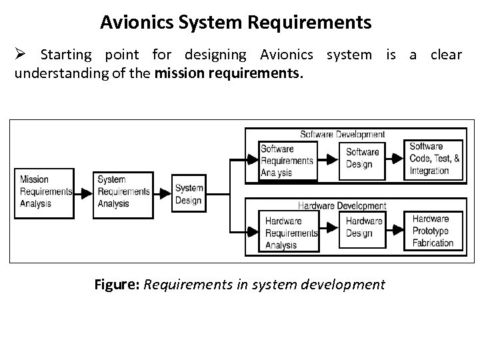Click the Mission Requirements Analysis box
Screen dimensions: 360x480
pos(44,192)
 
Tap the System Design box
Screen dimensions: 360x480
pos(189,194)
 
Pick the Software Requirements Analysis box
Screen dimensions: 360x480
pos(287,161)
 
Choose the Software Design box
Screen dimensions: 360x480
pos(363,159)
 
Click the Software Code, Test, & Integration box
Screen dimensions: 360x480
pos(435,159)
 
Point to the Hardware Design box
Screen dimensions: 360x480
pos(363,227)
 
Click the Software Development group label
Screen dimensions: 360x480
pos(343,135)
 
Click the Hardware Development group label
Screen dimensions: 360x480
pos(342,206)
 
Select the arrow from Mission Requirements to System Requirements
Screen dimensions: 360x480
pos(83,193)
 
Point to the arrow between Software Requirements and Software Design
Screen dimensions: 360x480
pos(327,160)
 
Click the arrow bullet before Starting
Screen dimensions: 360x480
pos(21,54)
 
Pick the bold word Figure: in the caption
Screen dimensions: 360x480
pos(117,285)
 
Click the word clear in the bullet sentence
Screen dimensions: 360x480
pos(446,54)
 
